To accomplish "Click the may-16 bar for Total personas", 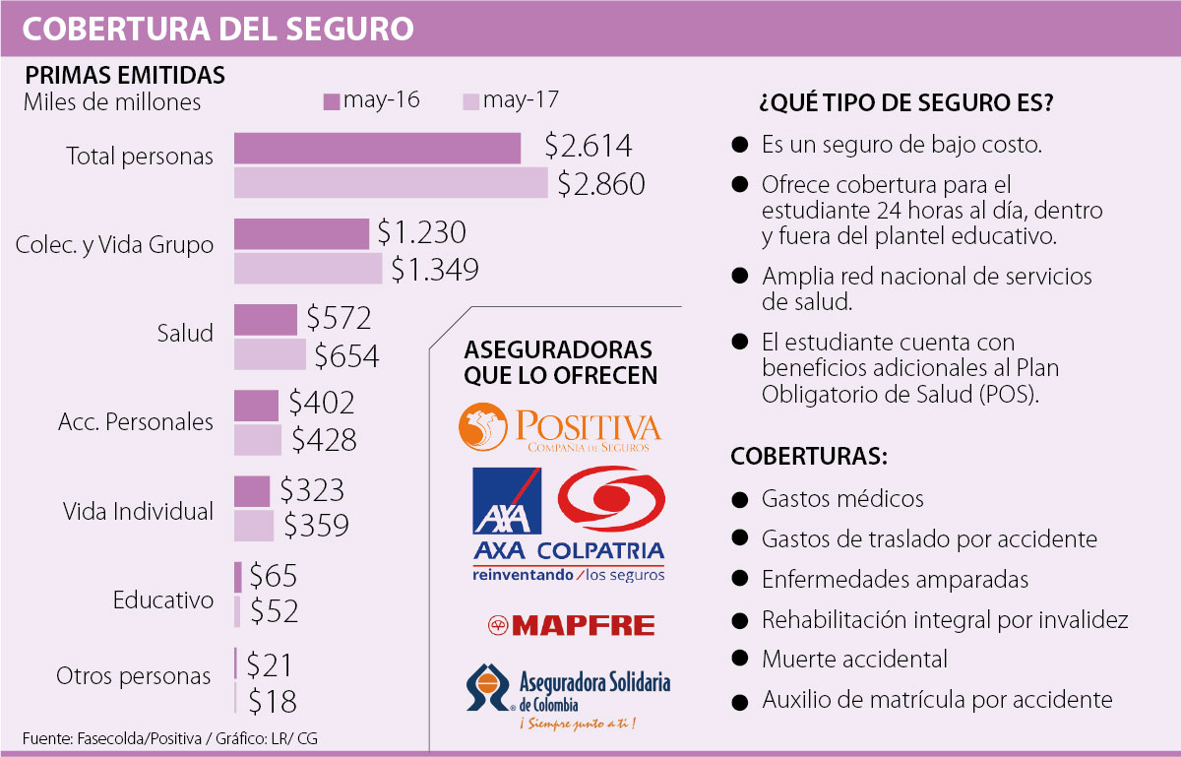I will pyautogui.click(x=377, y=149).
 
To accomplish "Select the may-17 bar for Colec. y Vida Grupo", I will pyautogui.click(x=308, y=269).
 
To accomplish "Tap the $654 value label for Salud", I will pyautogui.click(x=345, y=355).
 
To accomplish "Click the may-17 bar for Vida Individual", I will pyautogui.click(x=254, y=526).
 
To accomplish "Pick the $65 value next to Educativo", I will pyautogui.click(x=273, y=576).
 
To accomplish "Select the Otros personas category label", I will pyautogui.click(x=133, y=676).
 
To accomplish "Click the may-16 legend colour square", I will pyautogui.click(x=331, y=101).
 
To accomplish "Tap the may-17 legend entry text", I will pyautogui.click(x=522, y=100).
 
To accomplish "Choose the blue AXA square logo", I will pyautogui.click(x=507, y=501).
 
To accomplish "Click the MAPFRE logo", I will pyautogui.click(x=571, y=625).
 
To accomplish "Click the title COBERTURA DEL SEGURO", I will pyautogui.click(x=218, y=29).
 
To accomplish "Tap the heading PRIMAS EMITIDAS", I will pyautogui.click(x=125, y=76).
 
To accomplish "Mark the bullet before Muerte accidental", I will pyautogui.click(x=739, y=660).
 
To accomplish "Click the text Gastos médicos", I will pyautogui.click(x=842, y=499).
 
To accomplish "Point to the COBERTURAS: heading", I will pyautogui.click(x=810, y=458).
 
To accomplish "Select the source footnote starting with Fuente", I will pyautogui.click(x=168, y=737).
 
